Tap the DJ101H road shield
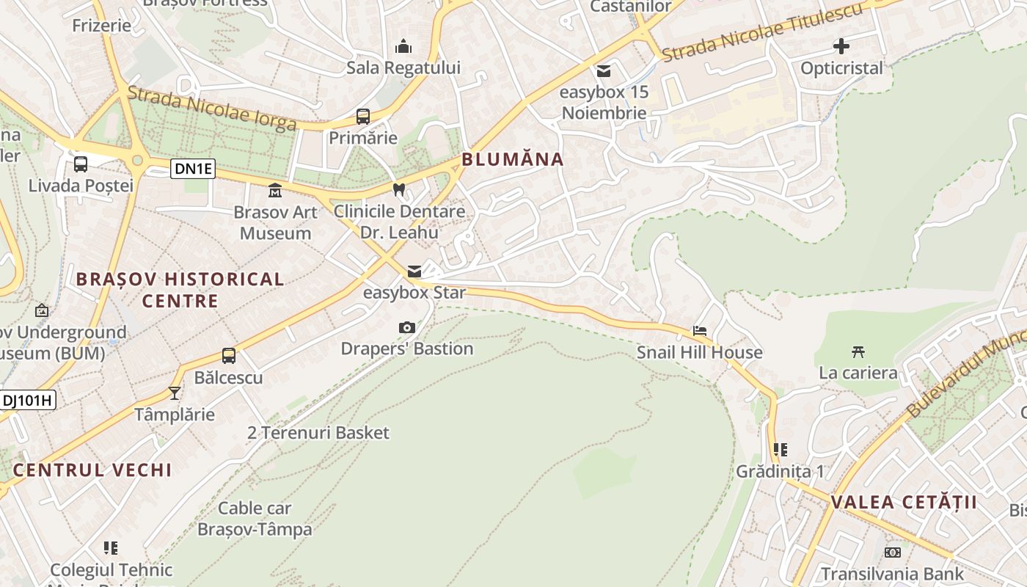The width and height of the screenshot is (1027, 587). pos(28,400)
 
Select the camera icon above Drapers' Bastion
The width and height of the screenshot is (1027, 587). pos(406,327)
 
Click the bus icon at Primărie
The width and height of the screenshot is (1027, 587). pos(362,116)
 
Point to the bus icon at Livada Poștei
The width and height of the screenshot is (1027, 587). pos(81,164)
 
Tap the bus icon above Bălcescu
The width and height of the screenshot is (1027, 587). pos(229,356)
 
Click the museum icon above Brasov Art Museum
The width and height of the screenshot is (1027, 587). pos(275,191)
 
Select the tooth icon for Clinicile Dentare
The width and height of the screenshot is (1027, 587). pos(399,189)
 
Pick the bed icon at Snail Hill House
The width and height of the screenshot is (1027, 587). pos(700,331)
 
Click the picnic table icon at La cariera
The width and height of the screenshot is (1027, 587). pos(858,351)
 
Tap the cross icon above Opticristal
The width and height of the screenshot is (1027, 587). pos(841,47)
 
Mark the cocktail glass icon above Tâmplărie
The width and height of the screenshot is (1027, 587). pos(175,393)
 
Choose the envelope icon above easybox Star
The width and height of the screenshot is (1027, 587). pos(414,271)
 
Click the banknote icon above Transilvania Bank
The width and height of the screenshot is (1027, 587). pos(892,552)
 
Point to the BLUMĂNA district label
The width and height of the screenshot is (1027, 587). pos(513,159)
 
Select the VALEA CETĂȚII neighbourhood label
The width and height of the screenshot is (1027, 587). pos(904,503)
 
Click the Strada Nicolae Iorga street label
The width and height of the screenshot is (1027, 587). pos(211,108)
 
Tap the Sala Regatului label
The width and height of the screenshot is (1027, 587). pos(403,68)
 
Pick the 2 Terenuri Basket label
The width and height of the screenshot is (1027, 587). pos(318,433)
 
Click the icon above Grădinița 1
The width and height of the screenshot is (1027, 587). pos(780,449)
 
